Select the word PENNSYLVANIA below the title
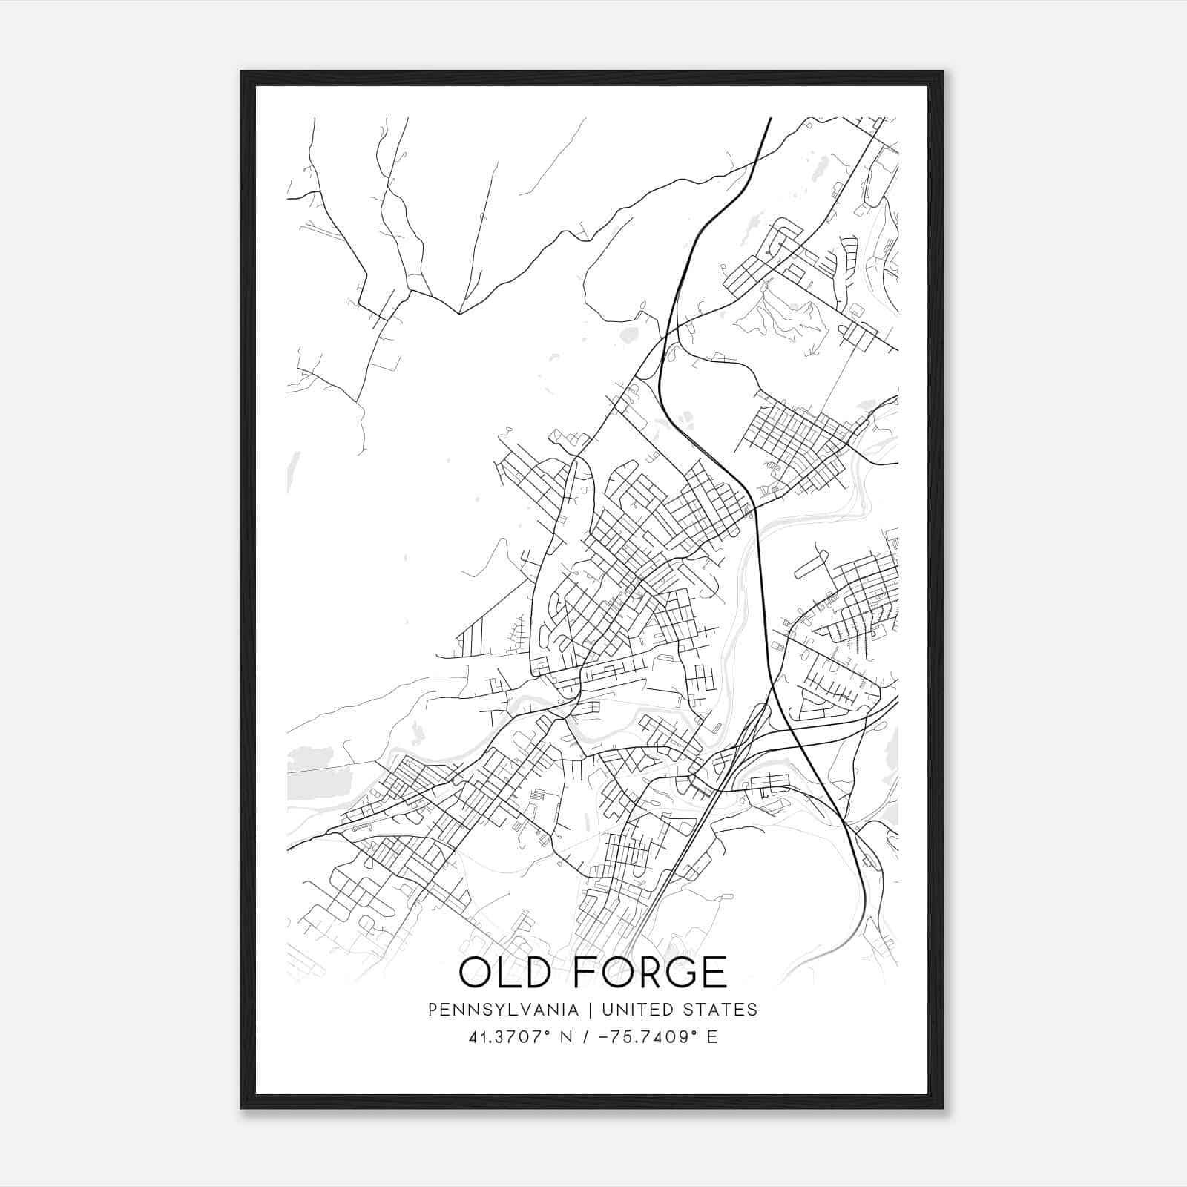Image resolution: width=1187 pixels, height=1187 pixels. tap(502, 1010)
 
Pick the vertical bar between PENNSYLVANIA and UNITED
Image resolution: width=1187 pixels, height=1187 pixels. tap(591, 1010)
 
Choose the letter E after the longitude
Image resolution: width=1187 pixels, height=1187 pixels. tap(712, 1037)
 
